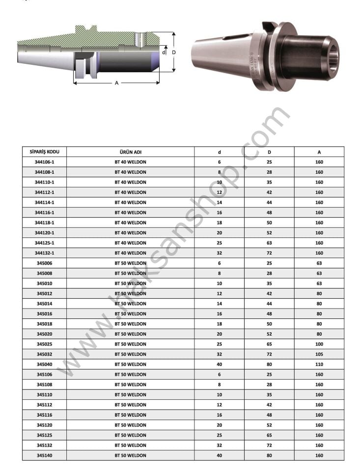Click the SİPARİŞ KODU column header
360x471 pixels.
click(45, 152)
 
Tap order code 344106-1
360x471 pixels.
click(45, 162)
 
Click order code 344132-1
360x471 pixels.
click(45, 253)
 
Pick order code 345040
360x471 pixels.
click(45, 365)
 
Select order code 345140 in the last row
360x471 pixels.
click(45, 455)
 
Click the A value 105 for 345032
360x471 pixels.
click(319, 354)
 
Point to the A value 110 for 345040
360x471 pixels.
click(319, 365)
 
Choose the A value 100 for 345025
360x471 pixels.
click(319, 344)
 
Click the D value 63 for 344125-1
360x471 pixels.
click(269, 243)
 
